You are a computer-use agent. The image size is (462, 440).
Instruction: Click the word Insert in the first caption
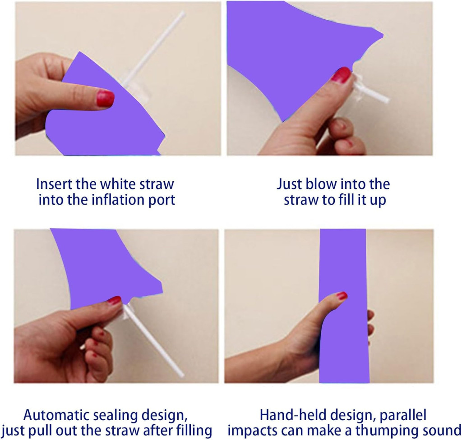tap(54, 184)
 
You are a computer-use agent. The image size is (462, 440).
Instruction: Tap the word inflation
tap(121, 200)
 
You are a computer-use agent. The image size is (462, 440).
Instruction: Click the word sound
tap(441, 431)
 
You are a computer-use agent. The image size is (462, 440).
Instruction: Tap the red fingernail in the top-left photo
tap(105, 98)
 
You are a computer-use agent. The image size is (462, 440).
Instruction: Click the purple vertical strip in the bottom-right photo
tap(344, 306)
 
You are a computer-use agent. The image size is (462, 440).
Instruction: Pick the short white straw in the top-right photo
tap(371, 92)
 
